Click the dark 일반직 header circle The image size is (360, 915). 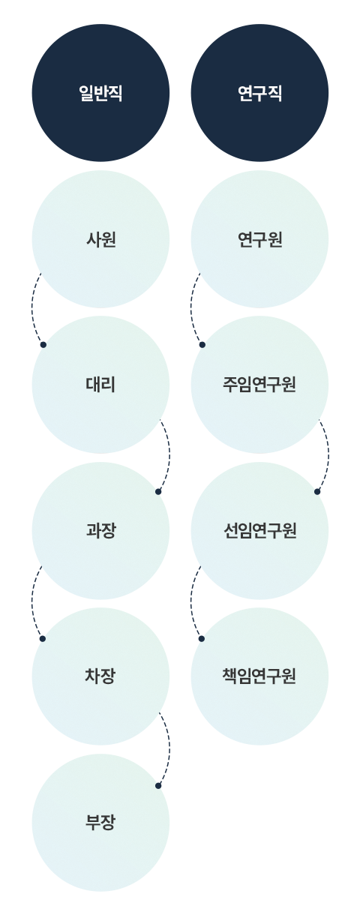pyautogui.click(x=100, y=93)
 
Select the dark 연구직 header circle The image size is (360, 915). pyautogui.click(x=259, y=93)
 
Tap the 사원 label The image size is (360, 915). pyautogui.click(x=100, y=239)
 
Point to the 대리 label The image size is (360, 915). pyautogui.click(x=100, y=385)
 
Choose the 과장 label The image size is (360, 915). pyautogui.click(x=100, y=530)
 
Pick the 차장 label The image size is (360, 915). pyautogui.click(x=100, y=676)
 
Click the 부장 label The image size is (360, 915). pyautogui.click(x=100, y=822)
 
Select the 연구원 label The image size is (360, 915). pyautogui.click(x=259, y=239)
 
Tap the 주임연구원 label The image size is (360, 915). pyautogui.click(x=259, y=385)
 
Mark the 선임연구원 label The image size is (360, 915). pyautogui.click(x=259, y=530)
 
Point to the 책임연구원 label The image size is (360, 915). pyautogui.click(x=259, y=676)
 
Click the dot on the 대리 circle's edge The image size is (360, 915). pyautogui.click(x=43, y=345)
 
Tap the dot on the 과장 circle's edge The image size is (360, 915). pyautogui.click(x=158, y=491)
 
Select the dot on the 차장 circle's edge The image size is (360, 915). pyautogui.click(x=43, y=638)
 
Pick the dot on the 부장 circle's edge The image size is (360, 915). pyautogui.click(x=158, y=785)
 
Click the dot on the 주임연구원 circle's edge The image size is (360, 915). pyautogui.click(x=202, y=345)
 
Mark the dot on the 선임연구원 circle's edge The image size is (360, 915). pyautogui.click(x=317, y=491)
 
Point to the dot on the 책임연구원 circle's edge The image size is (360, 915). pyautogui.click(x=202, y=638)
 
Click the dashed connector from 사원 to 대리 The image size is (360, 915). pyautogui.click(x=31, y=309)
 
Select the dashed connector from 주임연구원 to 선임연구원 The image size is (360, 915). pyautogui.click(x=328, y=454)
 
